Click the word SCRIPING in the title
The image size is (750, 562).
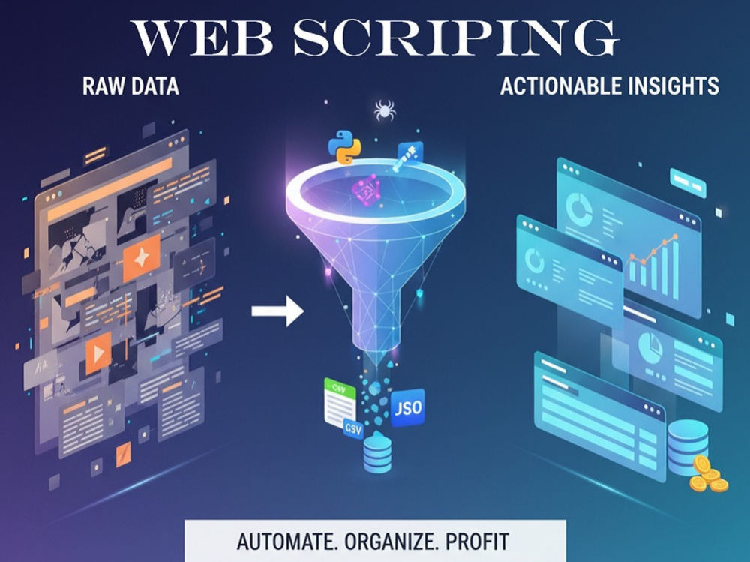[456, 38]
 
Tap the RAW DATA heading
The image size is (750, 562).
[130, 86]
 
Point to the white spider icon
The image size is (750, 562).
[385, 110]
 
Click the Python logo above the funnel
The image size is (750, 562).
[344, 146]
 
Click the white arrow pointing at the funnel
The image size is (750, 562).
[277, 311]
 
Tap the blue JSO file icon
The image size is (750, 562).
[408, 408]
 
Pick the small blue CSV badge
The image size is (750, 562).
[353, 429]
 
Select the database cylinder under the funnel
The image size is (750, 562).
[377, 452]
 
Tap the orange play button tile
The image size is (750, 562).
[98, 353]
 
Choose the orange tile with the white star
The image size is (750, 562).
[142, 258]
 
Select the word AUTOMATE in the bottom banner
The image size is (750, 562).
[286, 542]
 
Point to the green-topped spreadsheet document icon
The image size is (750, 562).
[340, 403]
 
